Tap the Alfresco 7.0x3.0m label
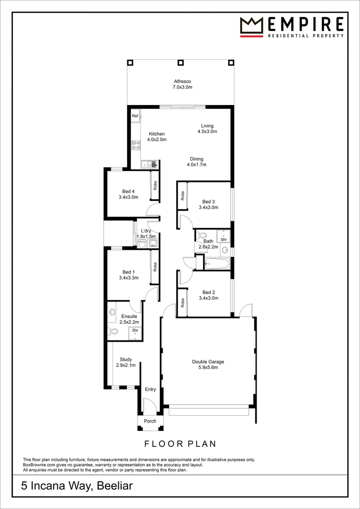pyautogui.click(x=182, y=84)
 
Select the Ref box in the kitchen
pyautogui.click(x=135, y=116)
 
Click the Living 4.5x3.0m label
pyautogui.click(x=207, y=129)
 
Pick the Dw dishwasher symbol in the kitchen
pyautogui.click(x=154, y=165)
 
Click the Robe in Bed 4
pyautogui.click(x=155, y=185)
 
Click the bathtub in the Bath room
pyautogui.click(x=217, y=263)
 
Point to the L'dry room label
pyautogui.click(x=146, y=234)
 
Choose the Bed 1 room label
pyautogui.click(x=129, y=275)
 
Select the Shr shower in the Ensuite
pyautogui.click(x=135, y=331)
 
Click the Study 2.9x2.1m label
pyautogui.click(x=126, y=362)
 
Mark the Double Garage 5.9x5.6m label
pyautogui.click(x=208, y=365)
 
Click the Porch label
pyautogui.click(x=150, y=421)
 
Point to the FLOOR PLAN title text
pyautogui.click(x=180, y=443)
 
